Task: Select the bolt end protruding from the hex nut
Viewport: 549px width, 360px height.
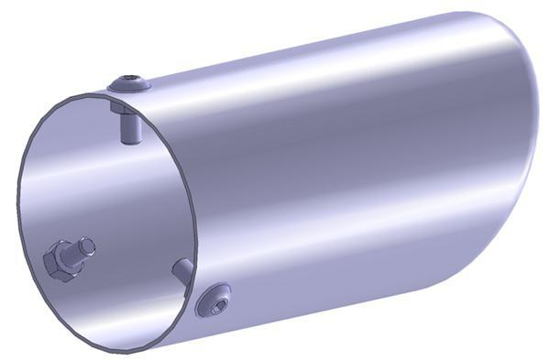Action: [x=86, y=246]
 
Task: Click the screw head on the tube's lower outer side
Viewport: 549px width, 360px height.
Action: [x=214, y=299]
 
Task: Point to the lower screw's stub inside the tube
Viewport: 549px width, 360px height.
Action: [x=181, y=269]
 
